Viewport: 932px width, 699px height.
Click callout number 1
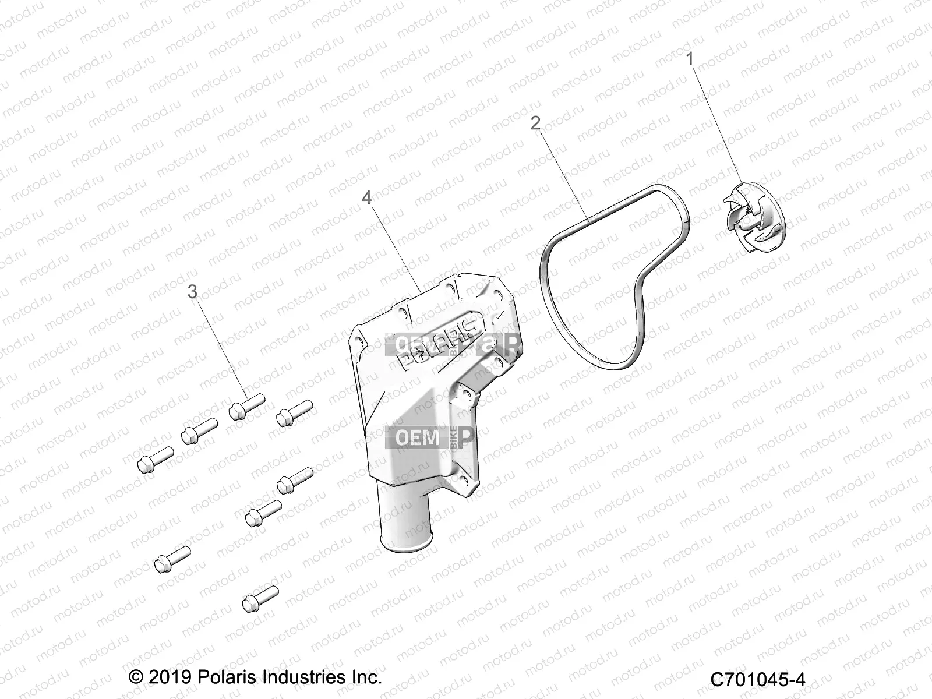coord(690,59)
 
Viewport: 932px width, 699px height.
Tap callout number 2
coord(535,123)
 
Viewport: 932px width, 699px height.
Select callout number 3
coord(192,291)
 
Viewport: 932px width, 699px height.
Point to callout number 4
coord(366,198)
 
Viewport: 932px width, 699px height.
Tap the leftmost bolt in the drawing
coord(154,459)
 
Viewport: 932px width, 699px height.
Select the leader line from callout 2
coord(562,175)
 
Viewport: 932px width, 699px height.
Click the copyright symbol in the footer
coord(135,678)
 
